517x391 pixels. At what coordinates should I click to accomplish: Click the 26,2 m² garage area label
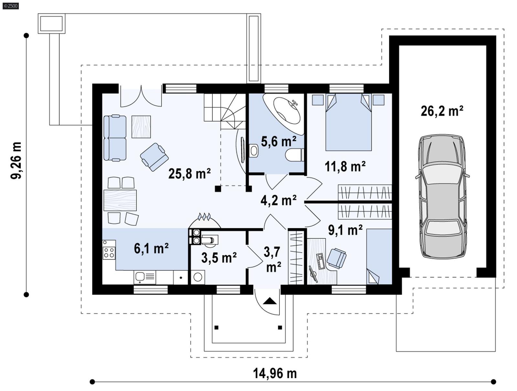click(442, 111)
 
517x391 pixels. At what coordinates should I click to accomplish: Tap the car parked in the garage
click(442, 196)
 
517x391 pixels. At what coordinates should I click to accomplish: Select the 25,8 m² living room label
click(189, 174)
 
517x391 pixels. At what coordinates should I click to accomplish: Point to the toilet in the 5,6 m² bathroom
click(294, 155)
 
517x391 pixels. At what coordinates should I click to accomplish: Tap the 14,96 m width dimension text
click(275, 374)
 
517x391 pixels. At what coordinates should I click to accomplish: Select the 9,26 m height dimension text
click(16, 160)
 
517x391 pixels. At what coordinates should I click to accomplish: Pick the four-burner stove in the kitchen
click(109, 253)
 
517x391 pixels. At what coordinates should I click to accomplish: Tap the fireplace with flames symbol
click(205, 221)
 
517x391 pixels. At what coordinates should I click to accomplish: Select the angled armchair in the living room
click(154, 157)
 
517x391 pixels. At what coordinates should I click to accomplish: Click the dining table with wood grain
click(120, 201)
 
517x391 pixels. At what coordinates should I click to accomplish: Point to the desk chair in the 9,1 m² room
click(336, 258)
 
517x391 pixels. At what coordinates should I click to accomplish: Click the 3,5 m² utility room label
click(219, 258)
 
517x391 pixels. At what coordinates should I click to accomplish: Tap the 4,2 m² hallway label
click(279, 200)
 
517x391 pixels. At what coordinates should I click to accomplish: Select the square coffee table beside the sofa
click(141, 126)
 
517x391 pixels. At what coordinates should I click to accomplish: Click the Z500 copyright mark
click(10, 5)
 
